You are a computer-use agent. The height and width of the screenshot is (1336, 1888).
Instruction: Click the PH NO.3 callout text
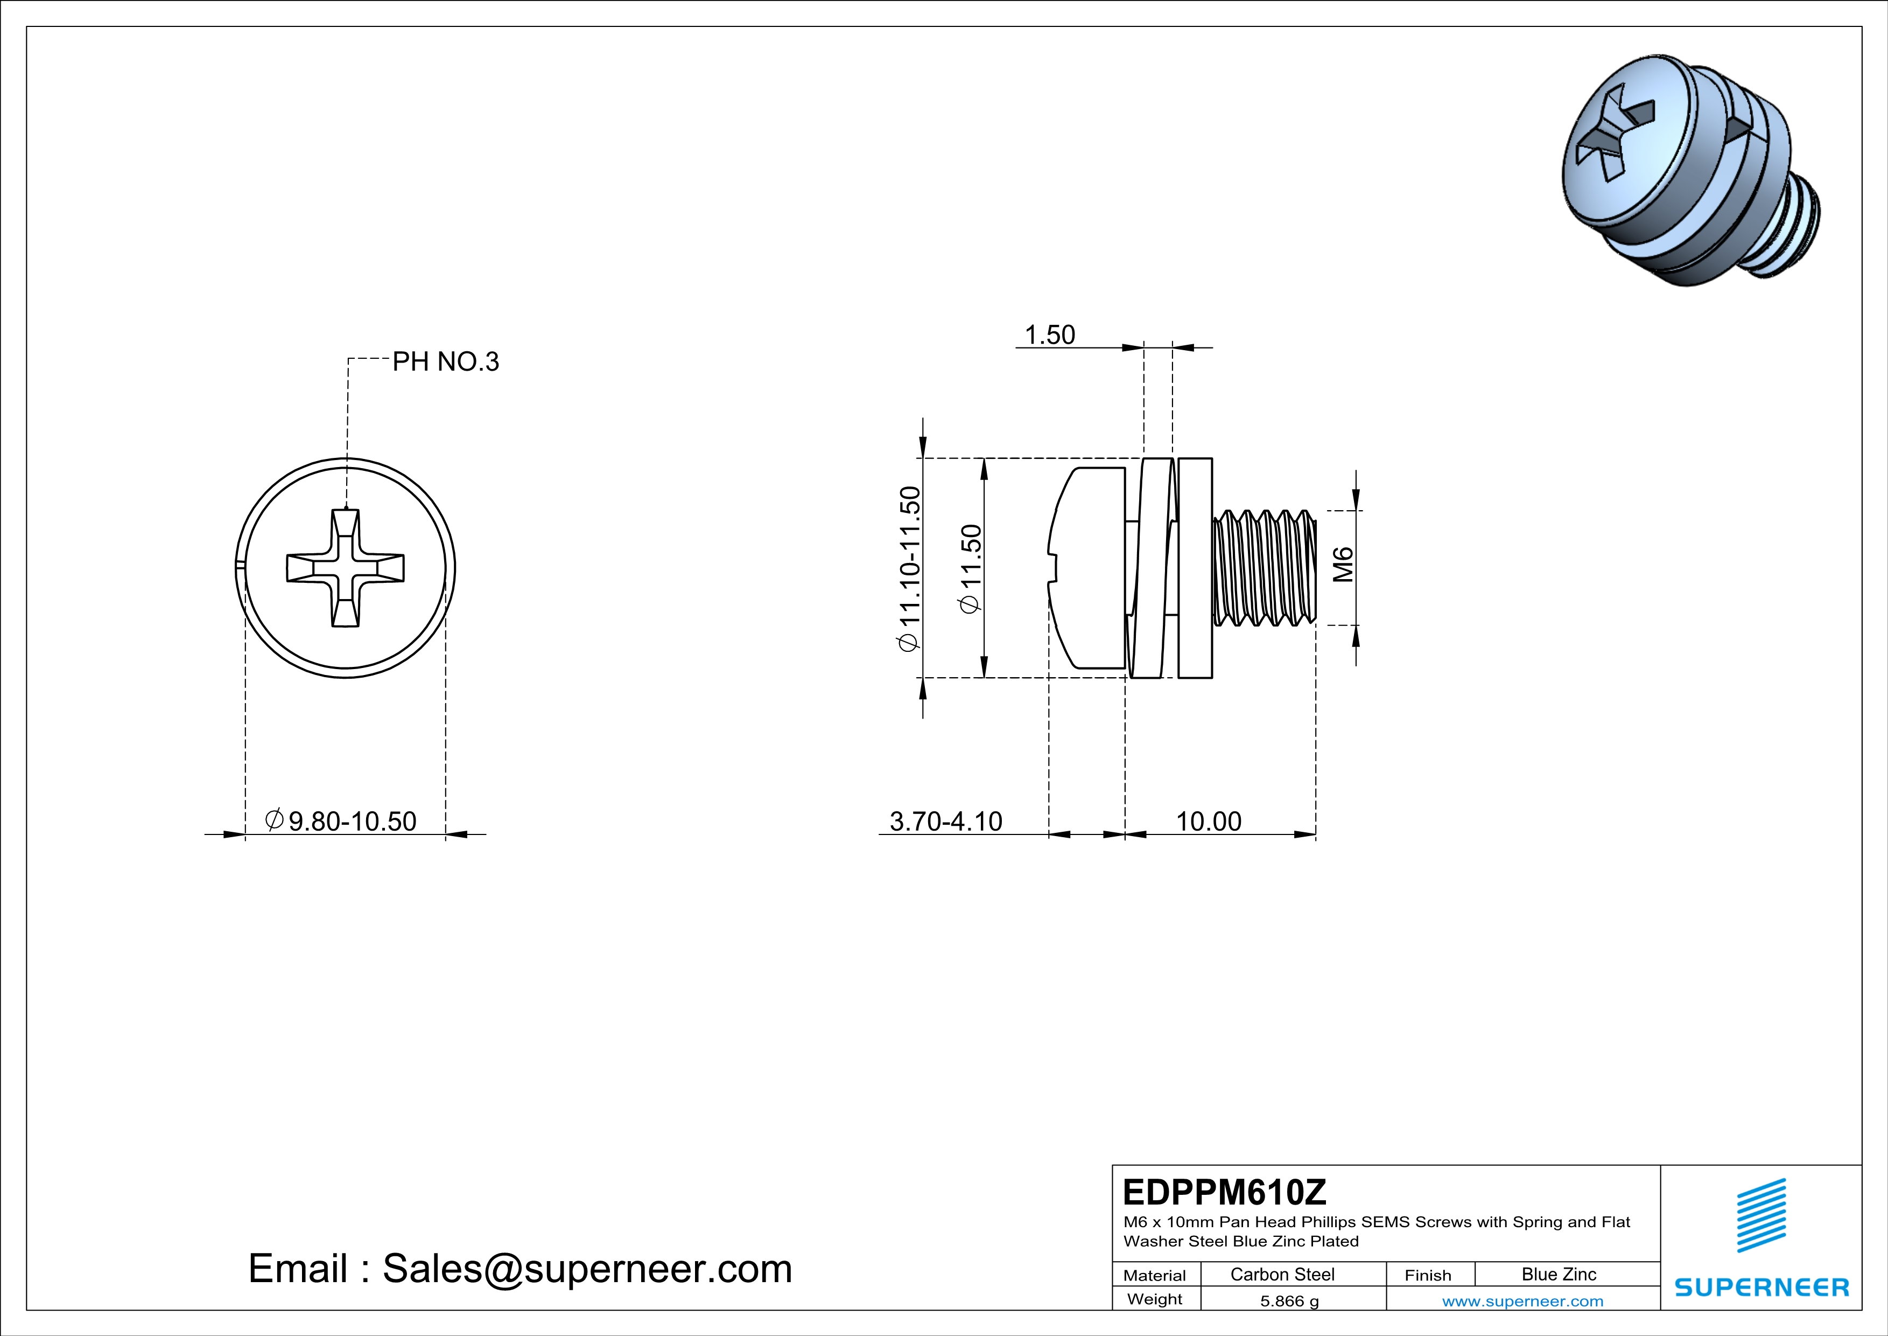pos(445,362)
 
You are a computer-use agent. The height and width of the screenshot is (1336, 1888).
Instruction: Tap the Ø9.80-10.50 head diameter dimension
pos(341,821)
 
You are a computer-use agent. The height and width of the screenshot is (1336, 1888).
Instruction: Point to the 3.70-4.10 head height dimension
pos(946,821)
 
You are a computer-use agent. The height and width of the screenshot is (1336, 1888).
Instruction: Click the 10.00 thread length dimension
pos(1208,821)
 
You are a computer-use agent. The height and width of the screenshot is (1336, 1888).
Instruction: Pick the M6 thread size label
pos(1342,565)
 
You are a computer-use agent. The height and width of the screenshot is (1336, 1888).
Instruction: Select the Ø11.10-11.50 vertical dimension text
pos(909,568)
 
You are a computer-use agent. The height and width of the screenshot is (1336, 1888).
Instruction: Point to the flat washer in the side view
pos(1195,568)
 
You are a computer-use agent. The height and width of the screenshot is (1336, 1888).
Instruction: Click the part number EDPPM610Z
pos(1224,1192)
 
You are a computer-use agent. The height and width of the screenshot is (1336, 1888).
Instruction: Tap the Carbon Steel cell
pos(1282,1274)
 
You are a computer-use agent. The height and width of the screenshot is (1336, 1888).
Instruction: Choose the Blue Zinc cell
pos(1558,1274)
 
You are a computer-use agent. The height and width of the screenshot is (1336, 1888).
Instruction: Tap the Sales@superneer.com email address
pos(587,1269)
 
